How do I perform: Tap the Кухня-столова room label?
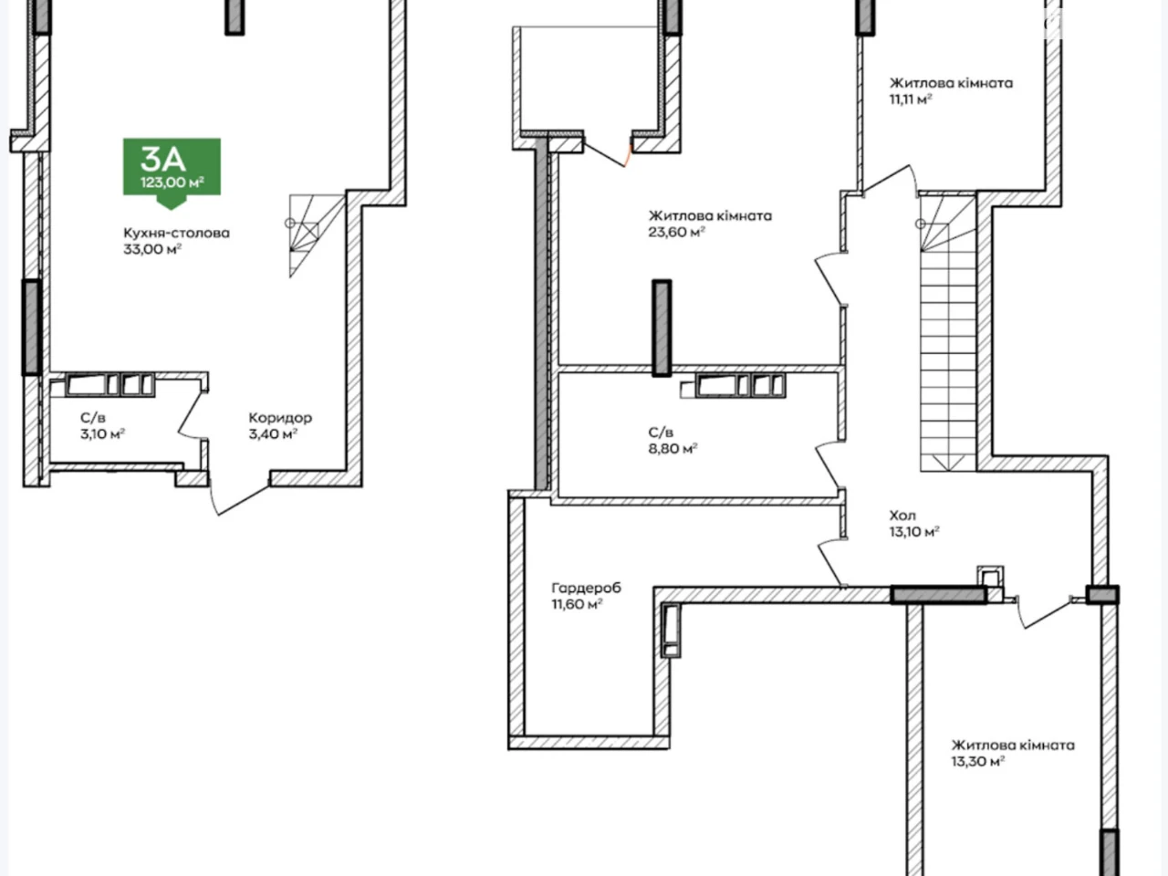(x=177, y=233)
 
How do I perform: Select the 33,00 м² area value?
(x=152, y=249)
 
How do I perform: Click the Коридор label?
(x=280, y=418)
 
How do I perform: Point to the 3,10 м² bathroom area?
(x=103, y=434)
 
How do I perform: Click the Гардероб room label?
(x=586, y=589)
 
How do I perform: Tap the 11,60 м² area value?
(x=577, y=604)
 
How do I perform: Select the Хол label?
(x=902, y=516)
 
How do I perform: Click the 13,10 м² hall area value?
(x=914, y=531)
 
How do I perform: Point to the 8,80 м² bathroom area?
(x=673, y=448)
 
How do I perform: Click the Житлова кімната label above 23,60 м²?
(x=710, y=216)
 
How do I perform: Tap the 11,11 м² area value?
(x=911, y=99)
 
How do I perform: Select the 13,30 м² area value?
(x=977, y=761)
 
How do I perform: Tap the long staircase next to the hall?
(x=948, y=333)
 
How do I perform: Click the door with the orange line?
(x=607, y=153)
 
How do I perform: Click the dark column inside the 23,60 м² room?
(x=662, y=328)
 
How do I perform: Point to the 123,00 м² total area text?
(x=172, y=182)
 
